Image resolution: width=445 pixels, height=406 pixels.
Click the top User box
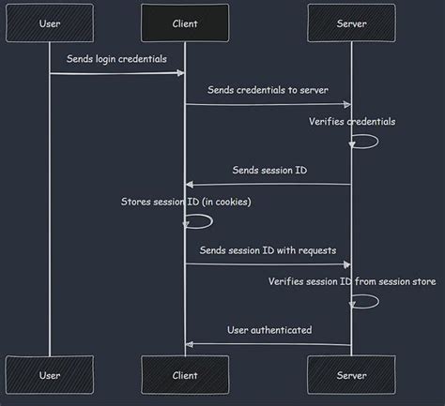(50, 23)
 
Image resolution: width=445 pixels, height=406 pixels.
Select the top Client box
(185, 23)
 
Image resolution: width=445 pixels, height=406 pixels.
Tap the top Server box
(351, 23)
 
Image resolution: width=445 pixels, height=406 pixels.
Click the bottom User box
(50, 375)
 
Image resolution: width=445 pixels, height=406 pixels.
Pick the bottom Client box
(185, 375)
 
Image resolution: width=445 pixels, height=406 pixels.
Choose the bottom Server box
(351, 375)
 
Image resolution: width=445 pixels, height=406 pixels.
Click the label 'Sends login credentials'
(116, 58)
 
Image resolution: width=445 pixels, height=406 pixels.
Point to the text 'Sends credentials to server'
(268, 89)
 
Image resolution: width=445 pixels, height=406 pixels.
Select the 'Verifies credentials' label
(352, 121)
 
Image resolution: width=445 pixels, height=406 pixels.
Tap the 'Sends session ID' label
(269, 170)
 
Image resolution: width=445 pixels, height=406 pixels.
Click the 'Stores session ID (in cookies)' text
(186, 202)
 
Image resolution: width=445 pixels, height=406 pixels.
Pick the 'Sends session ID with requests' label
(268, 250)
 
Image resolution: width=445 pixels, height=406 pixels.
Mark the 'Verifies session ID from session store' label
(351, 281)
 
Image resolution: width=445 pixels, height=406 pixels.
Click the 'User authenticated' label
(269, 329)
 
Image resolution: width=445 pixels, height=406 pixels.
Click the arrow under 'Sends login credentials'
(116, 72)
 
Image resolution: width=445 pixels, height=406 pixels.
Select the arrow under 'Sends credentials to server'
(268, 104)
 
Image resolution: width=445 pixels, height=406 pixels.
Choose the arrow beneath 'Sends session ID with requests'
(268, 264)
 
